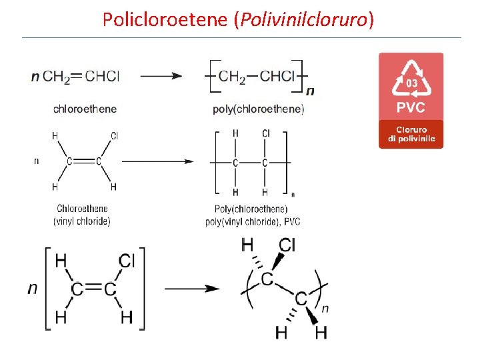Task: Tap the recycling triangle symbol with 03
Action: [411, 81]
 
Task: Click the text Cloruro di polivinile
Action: [411, 134]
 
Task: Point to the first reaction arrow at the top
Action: [161, 76]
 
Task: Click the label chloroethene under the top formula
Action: [85, 109]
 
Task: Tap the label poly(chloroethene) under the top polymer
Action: [259, 109]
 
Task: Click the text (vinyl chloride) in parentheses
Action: [82, 221]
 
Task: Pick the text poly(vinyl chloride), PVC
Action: [253, 221]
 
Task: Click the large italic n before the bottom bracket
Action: [32, 289]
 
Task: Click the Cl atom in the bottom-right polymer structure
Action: [287, 245]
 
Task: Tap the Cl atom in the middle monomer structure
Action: [114, 135]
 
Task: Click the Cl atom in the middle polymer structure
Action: [266, 134]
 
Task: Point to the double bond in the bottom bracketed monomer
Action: [93, 289]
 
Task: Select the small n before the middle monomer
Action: [36, 161]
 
